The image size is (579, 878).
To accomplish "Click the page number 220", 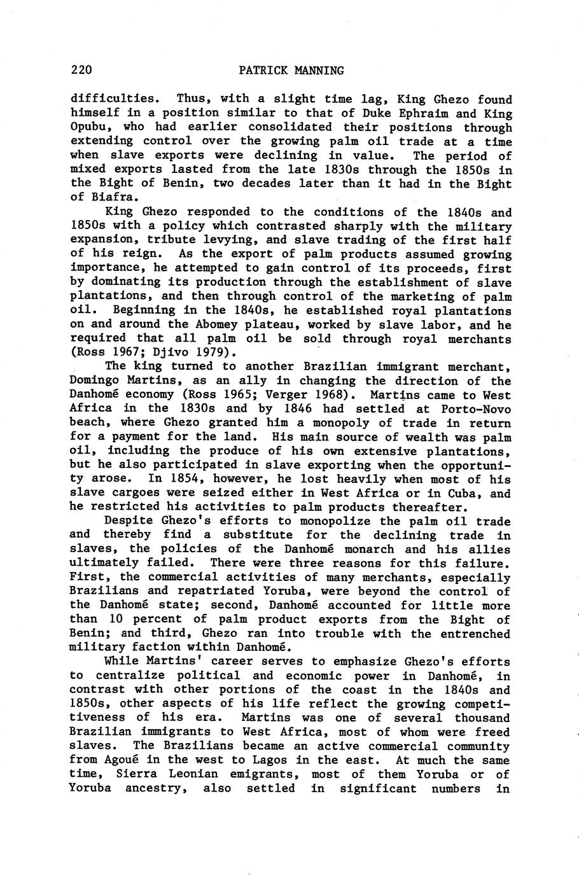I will click(x=82, y=70).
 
